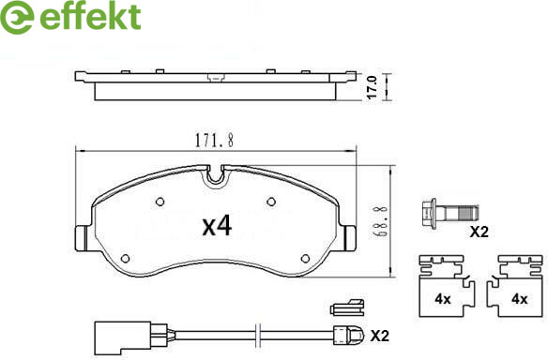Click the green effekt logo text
pos(90,16)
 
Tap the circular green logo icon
pos(16,17)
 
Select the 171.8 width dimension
pos(214,141)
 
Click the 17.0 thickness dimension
pos(372,87)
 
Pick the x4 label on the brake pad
pos(217,226)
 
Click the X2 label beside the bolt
pos(479,232)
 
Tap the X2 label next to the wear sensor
pos(380,336)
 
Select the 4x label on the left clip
pos(443,299)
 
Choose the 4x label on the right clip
pos(519,299)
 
